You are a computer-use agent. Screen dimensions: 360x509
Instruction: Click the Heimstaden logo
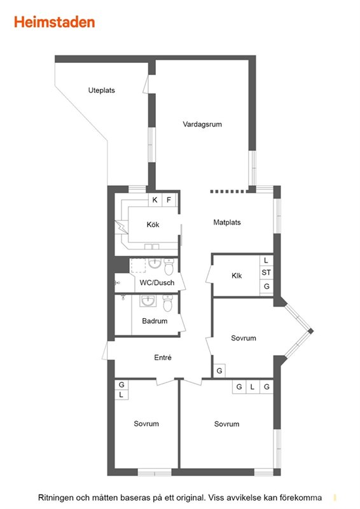(x=55, y=22)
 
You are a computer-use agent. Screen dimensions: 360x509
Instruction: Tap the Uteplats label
(x=102, y=90)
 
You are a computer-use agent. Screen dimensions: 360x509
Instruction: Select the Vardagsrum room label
(x=202, y=124)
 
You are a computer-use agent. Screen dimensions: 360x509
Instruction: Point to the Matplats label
(x=227, y=222)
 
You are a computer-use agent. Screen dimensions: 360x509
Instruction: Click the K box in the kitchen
(x=155, y=200)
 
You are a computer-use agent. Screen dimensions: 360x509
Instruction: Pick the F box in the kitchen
(x=169, y=200)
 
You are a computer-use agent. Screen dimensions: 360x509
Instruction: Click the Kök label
(x=153, y=225)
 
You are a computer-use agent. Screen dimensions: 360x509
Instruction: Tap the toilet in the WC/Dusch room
(x=169, y=266)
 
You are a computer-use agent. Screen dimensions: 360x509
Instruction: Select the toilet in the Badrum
(x=167, y=303)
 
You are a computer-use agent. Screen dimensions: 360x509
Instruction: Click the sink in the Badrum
(x=148, y=300)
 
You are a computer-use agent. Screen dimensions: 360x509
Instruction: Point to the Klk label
(x=237, y=275)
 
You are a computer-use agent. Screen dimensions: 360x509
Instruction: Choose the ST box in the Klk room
(x=267, y=273)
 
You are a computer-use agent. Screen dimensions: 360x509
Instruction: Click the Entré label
(x=163, y=358)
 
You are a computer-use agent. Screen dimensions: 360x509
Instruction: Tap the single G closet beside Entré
(x=219, y=371)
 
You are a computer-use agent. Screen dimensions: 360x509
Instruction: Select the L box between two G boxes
(x=253, y=387)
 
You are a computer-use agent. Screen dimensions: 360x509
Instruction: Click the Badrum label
(x=155, y=321)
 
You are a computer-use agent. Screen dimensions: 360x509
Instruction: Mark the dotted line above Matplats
(x=227, y=192)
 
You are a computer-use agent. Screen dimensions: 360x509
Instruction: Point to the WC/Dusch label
(x=157, y=282)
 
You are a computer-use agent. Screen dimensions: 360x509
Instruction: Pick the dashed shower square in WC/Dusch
(x=138, y=265)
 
